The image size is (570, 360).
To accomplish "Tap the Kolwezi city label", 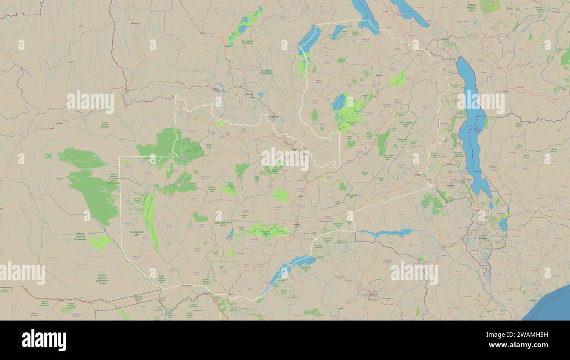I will [x=216, y=90].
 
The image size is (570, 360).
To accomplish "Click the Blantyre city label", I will [x=484, y=239].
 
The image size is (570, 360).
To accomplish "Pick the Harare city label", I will [x=372, y=294].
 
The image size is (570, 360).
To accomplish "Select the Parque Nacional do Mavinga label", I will [x=80, y=237].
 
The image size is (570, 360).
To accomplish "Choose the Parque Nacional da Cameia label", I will [x=104, y=125].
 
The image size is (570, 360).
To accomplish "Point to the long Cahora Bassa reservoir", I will [x=386, y=232].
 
